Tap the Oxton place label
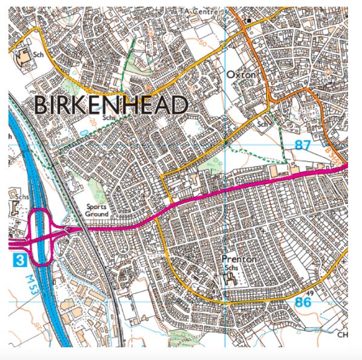coord(241,75)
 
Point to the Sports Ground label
coord(97,211)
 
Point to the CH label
coord(343,335)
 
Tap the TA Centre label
coord(196,12)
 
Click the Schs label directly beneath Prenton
coord(231,268)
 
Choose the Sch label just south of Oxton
coord(262,124)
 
